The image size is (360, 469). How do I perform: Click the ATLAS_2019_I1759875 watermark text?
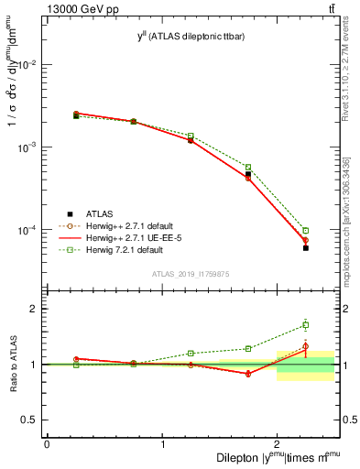(191, 273)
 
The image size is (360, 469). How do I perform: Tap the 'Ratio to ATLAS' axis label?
(15, 365)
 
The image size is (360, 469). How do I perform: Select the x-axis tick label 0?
(47, 444)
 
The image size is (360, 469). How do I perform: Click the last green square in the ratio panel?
(306, 324)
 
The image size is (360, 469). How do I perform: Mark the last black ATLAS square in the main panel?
(306, 248)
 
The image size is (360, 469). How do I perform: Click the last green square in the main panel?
(306, 230)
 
